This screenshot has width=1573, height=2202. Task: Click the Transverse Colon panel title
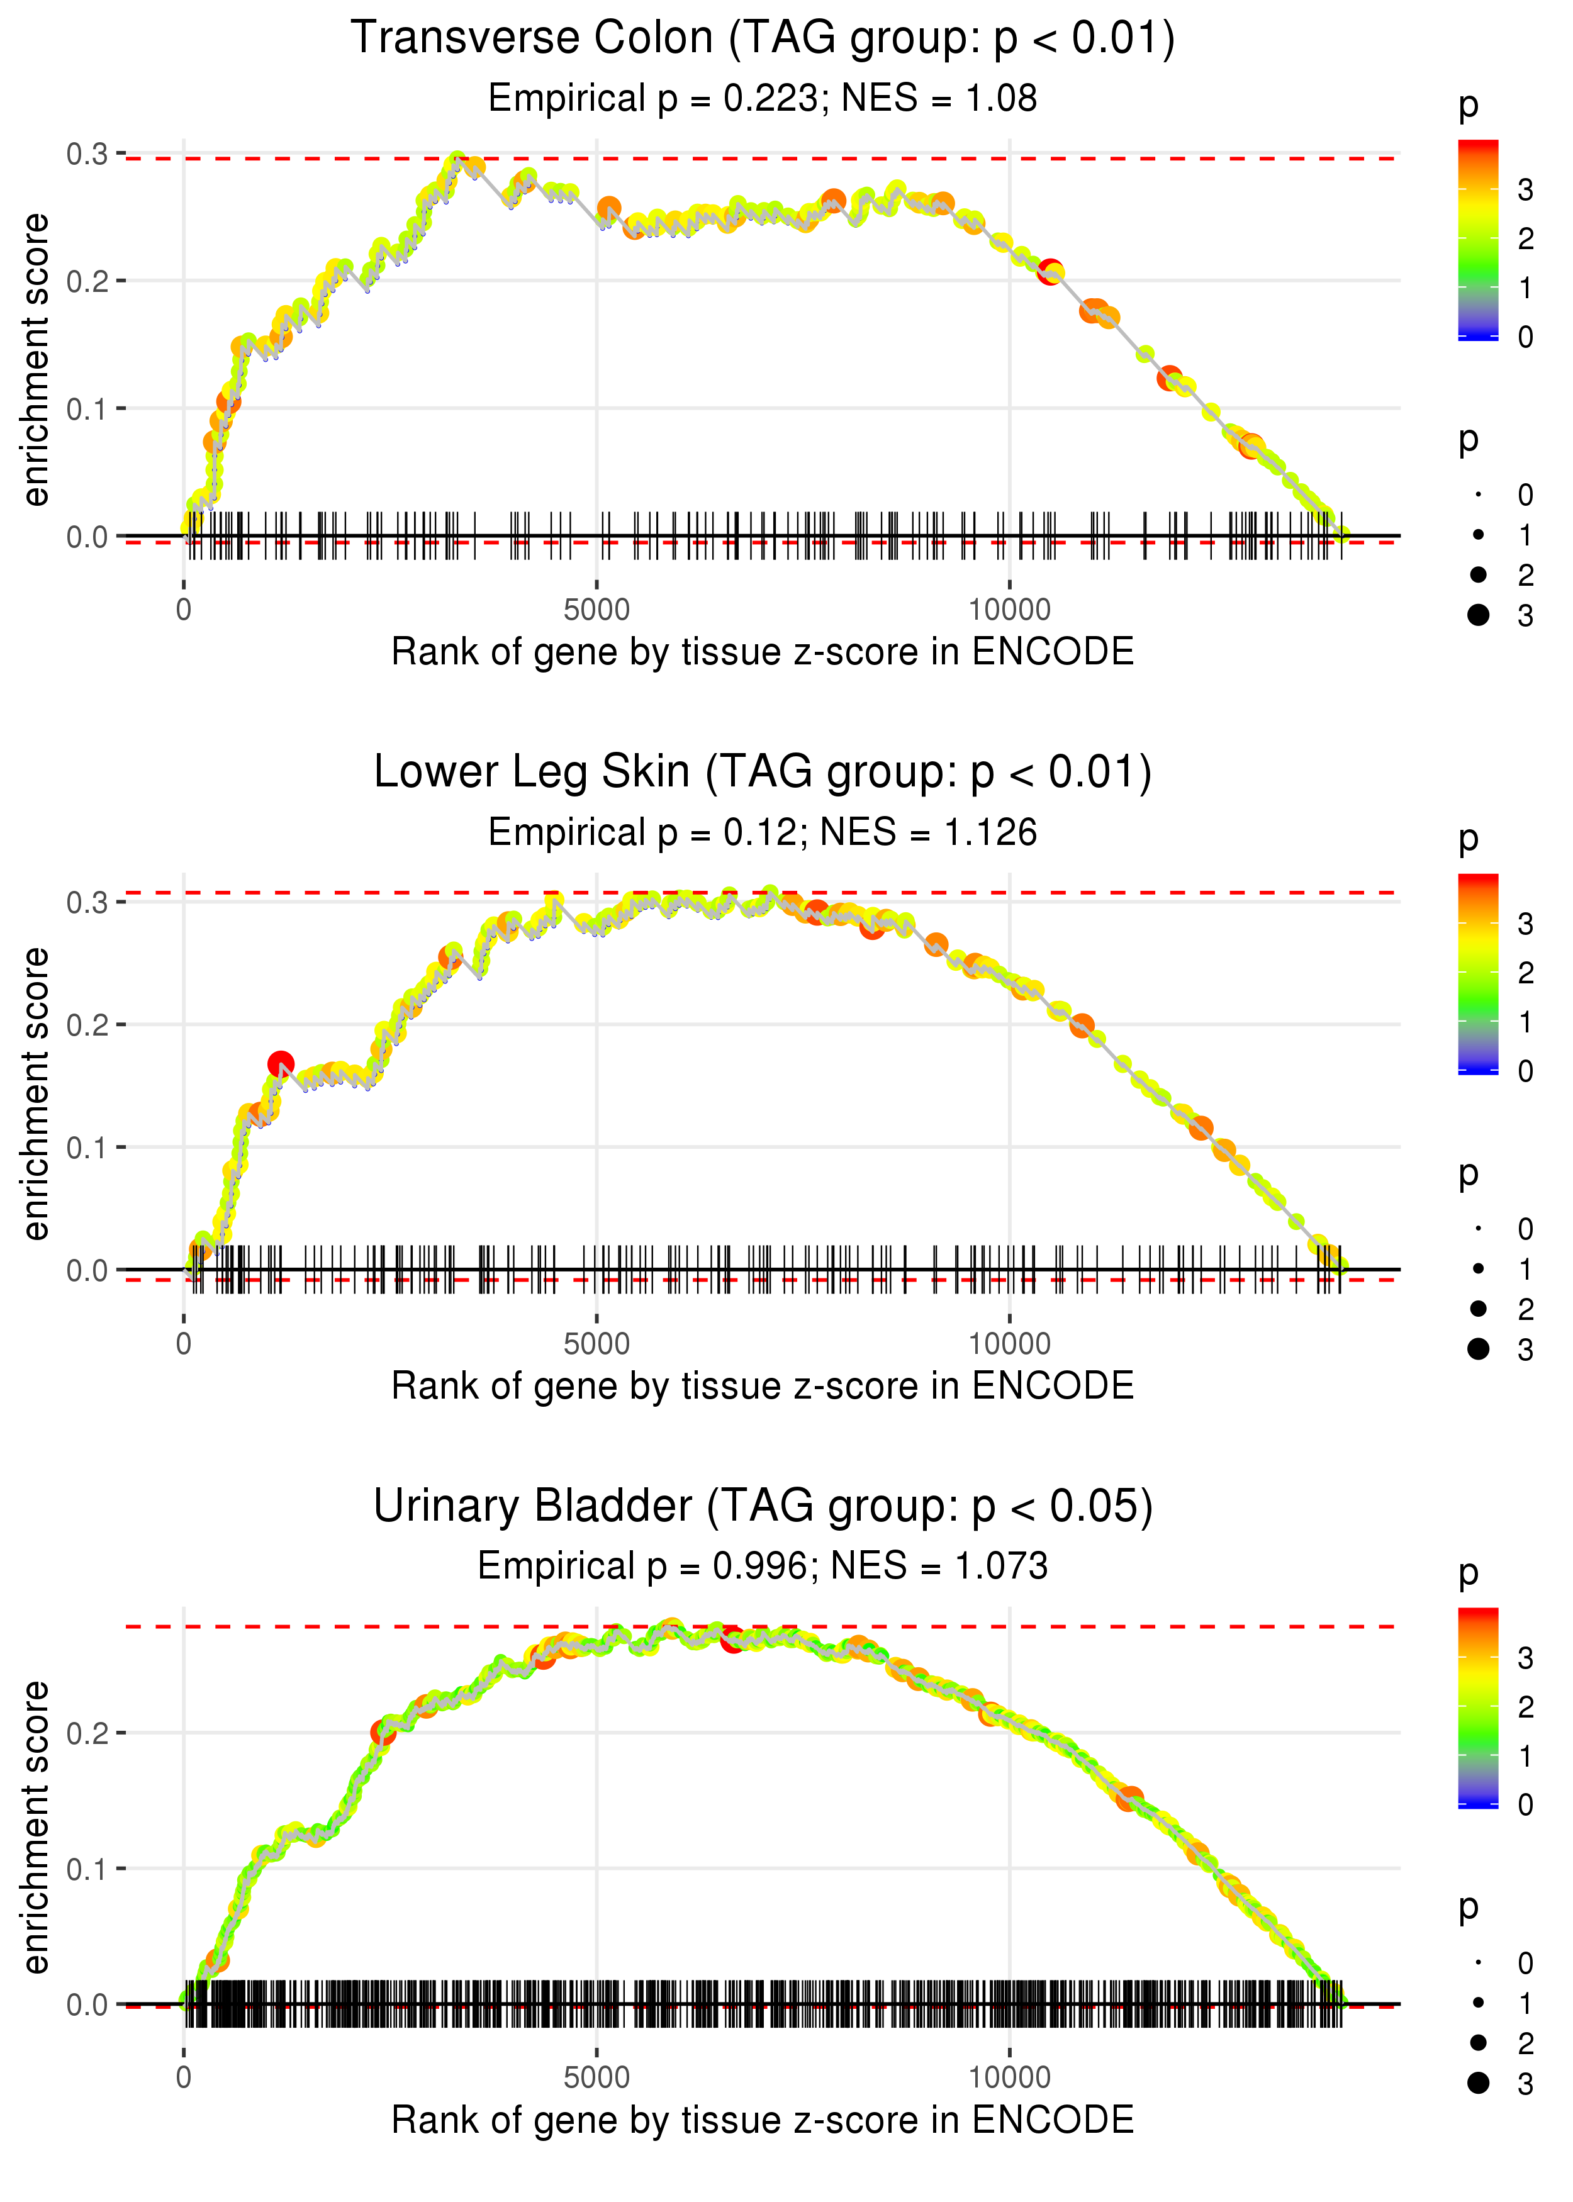point(763,39)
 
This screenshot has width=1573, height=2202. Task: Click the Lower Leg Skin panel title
point(763,773)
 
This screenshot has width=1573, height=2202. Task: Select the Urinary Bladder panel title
point(763,1507)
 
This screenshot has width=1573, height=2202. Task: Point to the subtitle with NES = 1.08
point(763,99)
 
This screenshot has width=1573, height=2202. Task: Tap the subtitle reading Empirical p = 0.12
point(763,833)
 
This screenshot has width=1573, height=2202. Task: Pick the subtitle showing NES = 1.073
point(763,1567)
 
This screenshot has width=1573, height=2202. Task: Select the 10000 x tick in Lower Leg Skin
point(1009,1344)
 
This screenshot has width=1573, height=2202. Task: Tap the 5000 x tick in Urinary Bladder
point(596,2078)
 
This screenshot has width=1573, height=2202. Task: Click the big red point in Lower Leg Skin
point(281,1065)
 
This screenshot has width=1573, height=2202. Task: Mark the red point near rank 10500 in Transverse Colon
point(1049,272)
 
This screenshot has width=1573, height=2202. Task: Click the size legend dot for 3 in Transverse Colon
point(1478,615)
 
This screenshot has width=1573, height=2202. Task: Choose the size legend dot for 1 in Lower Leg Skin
point(1478,1268)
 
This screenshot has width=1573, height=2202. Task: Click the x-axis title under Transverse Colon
point(763,652)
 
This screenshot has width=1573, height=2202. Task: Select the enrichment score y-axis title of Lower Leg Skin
point(36,1094)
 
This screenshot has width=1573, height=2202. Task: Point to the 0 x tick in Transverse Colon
point(184,610)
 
